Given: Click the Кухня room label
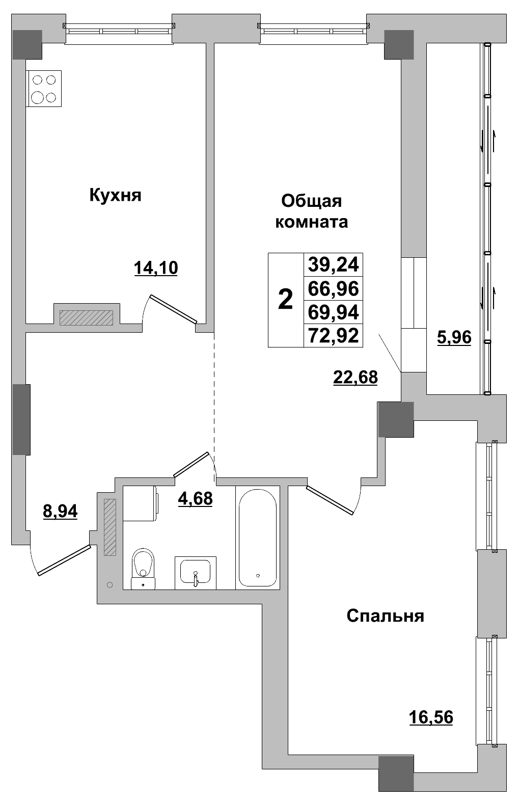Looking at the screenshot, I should (115, 195).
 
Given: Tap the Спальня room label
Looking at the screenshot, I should (385, 616).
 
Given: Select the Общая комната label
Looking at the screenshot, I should (311, 211).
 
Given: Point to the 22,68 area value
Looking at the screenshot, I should (355, 377).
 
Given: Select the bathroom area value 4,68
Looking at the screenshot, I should (195, 498).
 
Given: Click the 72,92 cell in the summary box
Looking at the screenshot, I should (334, 336).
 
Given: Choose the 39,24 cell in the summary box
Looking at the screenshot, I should (334, 264).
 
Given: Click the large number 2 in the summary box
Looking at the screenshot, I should (286, 300).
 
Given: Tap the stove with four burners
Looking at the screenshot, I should (44, 89).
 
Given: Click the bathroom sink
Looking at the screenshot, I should (196, 572).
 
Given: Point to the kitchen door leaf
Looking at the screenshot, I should (173, 309).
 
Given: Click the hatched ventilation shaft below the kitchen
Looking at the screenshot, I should (86, 318).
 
